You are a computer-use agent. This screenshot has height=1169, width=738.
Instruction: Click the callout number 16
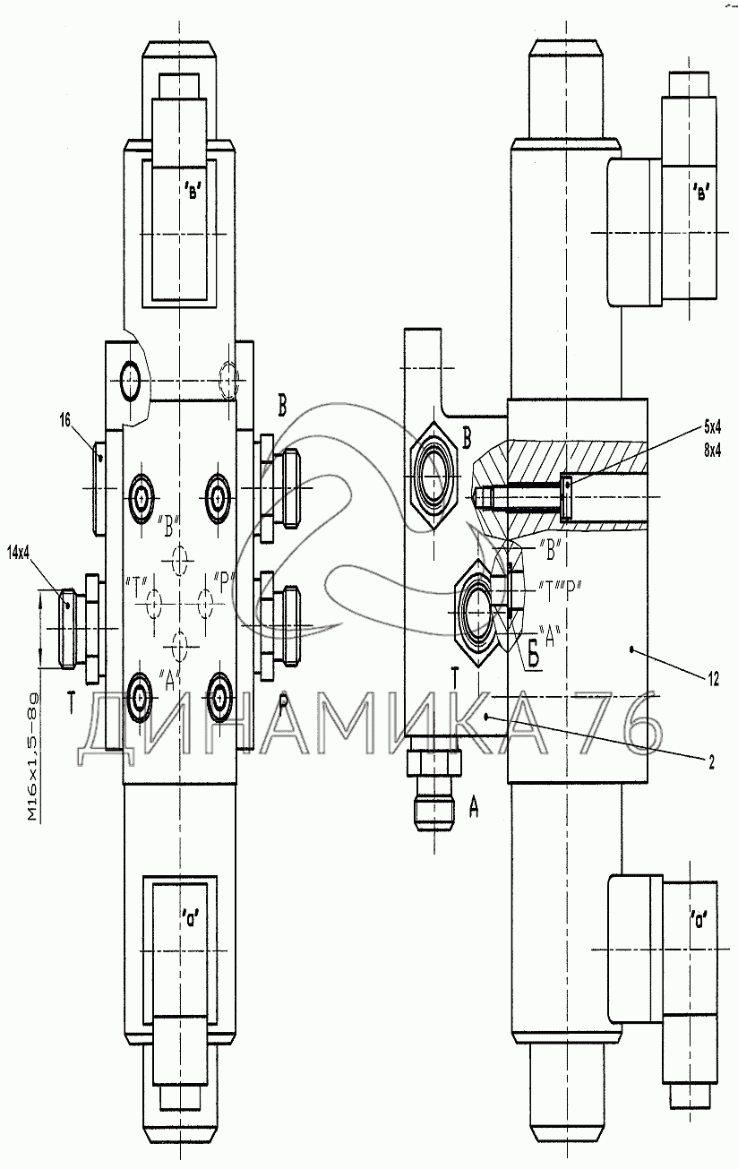pyautogui.click(x=64, y=418)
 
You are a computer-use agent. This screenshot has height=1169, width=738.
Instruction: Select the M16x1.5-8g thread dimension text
pyautogui.click(x=33, y=757)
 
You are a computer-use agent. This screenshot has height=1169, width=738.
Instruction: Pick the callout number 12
pyautogui.click(x=712, y=680)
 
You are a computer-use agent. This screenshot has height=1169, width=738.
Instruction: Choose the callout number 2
pyautogui.click(x=710, y=762)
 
